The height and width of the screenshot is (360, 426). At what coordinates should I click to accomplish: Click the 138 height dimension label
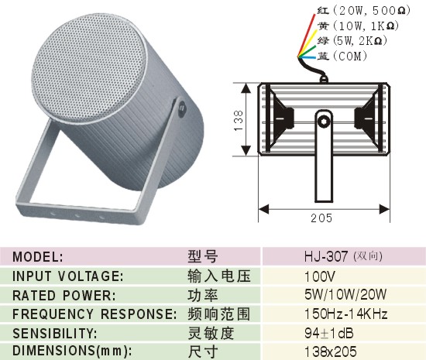point(239,120)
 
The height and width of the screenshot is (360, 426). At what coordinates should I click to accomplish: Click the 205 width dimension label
point(321,218)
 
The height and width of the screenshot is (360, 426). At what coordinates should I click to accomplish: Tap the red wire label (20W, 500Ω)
point(364,11)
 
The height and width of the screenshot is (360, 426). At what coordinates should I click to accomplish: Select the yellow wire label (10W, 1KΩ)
point(359,26)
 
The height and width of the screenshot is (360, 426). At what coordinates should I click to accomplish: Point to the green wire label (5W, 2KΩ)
point(352,41)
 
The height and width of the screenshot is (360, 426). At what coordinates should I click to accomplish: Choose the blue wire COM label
point(342,57)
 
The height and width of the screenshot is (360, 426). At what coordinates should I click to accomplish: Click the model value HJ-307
point(326,256)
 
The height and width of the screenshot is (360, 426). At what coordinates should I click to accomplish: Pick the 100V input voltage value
point(320,276)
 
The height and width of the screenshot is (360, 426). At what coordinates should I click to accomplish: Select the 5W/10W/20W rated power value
point(345,294)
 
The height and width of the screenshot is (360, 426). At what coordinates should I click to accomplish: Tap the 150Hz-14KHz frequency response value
point(346,314)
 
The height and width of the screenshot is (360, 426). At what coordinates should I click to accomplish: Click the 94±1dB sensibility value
point(328,333)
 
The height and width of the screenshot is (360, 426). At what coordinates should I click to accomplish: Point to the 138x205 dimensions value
point(331,351)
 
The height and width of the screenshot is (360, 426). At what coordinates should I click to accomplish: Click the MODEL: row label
point(38,257)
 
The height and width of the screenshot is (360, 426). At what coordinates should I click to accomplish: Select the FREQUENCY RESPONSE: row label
point(94,314)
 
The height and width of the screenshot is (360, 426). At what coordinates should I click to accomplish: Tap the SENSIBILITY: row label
point(55,334)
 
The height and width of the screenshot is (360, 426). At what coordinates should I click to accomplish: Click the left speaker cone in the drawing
point(280,118)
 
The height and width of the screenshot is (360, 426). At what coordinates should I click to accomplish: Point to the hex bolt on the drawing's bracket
point(324,120)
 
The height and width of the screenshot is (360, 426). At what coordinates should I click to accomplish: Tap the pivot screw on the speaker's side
point(181,108)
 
